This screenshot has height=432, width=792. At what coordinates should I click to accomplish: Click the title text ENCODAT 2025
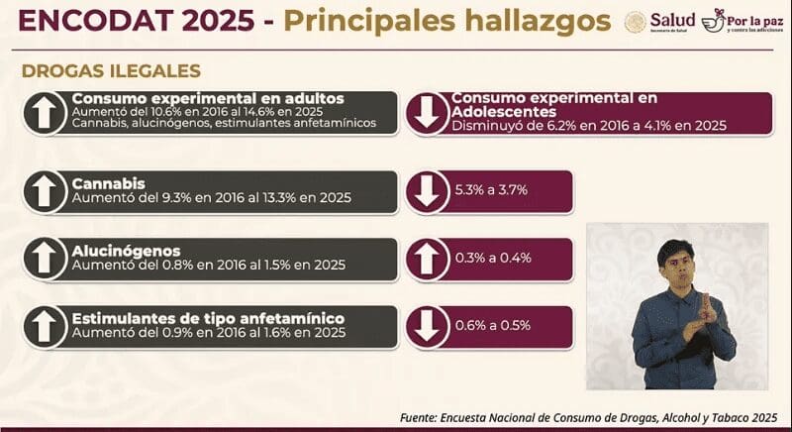click(130, 23)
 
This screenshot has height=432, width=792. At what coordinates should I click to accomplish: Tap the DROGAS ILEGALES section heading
click(111, 71)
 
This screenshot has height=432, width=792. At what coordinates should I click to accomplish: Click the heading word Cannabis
click(109, 184)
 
